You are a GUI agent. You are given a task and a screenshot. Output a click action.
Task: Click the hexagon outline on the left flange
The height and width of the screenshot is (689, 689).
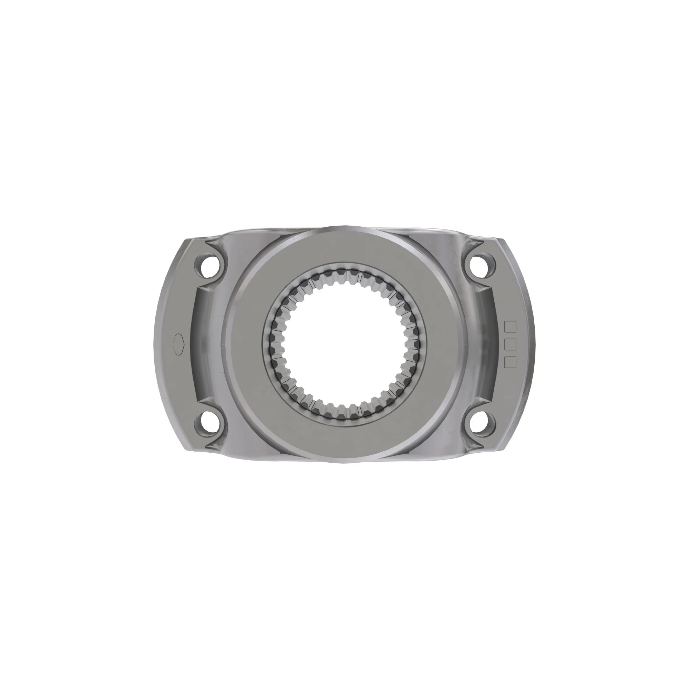point(179,345)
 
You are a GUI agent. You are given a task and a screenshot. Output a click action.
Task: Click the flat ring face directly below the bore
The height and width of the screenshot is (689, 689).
point(344,442)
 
